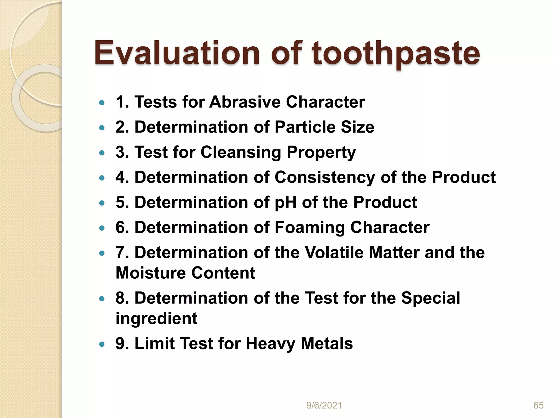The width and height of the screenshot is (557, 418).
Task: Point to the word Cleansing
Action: coord(241,152)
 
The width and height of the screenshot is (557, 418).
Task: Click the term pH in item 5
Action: coord(285,202)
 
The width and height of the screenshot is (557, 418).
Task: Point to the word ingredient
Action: coord(156,318)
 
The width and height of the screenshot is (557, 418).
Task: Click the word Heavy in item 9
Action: coord(270,343)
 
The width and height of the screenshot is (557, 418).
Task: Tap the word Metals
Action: coord(327,343)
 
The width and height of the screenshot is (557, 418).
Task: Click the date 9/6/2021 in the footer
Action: coord(324,405)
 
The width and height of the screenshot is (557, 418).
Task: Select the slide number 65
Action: coord(538,405)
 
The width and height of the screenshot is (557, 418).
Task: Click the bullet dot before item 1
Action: coord(102,103)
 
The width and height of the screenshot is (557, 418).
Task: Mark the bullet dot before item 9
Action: coord(102,344)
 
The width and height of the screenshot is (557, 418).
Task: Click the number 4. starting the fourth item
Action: coord(122,177)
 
